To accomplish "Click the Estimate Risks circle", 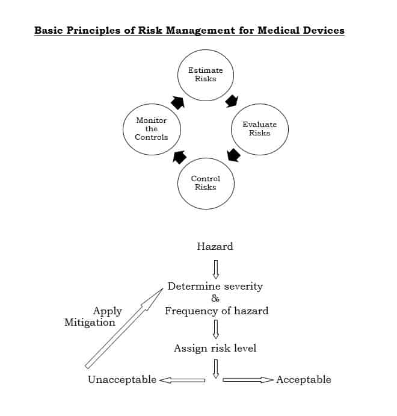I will pyautogui.click(x=206, y=75).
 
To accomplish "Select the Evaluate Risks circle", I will pyautogui.click(x=260, y=129).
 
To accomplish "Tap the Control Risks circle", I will pyautogui.click(x=206, y=182).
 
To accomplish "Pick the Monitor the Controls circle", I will pyautogui.click(x=151, y=129).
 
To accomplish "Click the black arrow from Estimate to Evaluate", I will pyautogui.click(x=232, y=101).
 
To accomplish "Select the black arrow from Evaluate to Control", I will pyautogui.click(x=233, y=155).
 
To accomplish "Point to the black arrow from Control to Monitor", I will pyautogui.click(x=179, y=157).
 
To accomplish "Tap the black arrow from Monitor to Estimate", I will pyautogui.click(x=177, y=102).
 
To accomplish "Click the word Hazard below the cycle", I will pyautogui.click(x=215, y=246).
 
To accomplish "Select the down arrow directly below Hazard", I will pyautogui.click(x=215, y=267).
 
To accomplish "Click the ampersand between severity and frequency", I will pyautogui.click(x=215, y=299).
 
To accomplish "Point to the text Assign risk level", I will pyautogui.click(x=215, y=348).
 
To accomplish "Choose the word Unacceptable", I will pyautogui.click(x=122, y=379).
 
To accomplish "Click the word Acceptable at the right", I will pyautogui.click(x=304, y=379).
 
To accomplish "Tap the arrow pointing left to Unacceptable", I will pyautogui.click(x=182, y=380).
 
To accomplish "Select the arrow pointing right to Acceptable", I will pyautogui.click(x=248, y=380).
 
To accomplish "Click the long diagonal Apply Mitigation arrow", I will pyautogui.click(x=124, y=328).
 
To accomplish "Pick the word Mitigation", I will pyautogui.click(x=90, y=322).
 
